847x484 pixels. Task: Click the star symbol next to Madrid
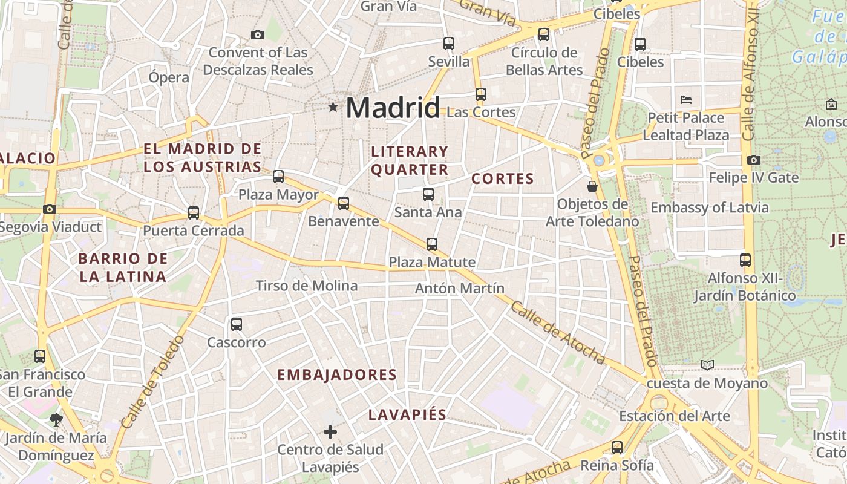[x=333, y=108]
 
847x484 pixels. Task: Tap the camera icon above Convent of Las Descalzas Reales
[x=258, y=34]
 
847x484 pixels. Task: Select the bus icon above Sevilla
[x=448, y=44]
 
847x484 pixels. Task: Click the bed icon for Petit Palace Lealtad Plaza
[x=686, y=99]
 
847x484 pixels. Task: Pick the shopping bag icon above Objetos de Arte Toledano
[x=592, y=186]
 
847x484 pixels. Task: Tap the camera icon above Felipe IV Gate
[x=753, y=160]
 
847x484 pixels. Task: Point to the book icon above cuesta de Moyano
[x=707, y=365]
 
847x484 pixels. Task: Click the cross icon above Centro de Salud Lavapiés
[x=330, y=432]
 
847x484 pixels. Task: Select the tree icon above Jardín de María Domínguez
[x=56, y=419]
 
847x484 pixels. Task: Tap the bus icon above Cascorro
[x=237, y=324]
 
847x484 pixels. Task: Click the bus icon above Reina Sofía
[x=617, y=448]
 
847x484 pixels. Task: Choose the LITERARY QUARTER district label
[x=410, y=160]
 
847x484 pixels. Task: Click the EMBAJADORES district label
[x=337, y=375]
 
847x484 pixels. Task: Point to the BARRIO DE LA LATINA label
[x=122, y=267]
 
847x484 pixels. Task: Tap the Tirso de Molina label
[x=306, y=286]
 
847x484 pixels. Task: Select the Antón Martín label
[x=459, y=289]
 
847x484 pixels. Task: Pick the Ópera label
[x=169, y=77]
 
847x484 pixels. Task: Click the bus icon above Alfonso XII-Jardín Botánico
[x=745, y=260]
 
